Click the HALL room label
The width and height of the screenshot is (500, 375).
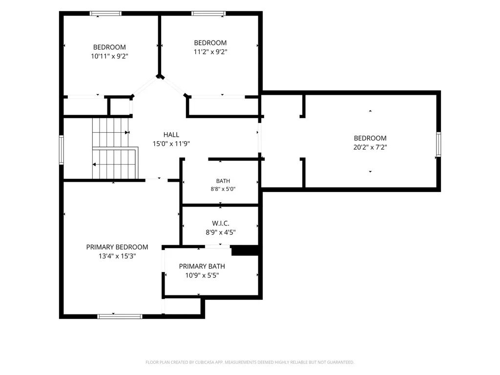click(171, 135)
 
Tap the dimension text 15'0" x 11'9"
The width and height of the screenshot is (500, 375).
click(171, 144)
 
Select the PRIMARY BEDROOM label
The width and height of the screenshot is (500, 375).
click(117, 247)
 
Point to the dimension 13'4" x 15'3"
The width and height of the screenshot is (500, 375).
click(117, 256)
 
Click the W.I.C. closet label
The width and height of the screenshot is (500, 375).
click(221, 224)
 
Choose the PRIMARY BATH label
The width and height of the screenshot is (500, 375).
click(202, 266)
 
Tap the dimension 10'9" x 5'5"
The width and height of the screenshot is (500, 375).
click(202, 275)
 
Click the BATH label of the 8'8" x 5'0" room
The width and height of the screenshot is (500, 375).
click(223, 181)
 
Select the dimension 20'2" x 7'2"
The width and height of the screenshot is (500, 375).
click(370, 147)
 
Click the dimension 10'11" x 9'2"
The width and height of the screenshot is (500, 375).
click(109, 56)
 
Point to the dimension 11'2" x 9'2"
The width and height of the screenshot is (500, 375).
click(210, 52)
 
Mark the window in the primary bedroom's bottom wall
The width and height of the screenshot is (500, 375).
click(120, 316)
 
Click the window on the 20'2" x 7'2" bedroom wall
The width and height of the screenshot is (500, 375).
click(438, 145)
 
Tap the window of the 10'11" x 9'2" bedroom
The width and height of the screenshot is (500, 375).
click(105, 13)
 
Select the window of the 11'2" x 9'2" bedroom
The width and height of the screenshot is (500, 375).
click(208, 13)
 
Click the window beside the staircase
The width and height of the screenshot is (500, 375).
click(61, 150)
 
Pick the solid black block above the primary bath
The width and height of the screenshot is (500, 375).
click(245, 250)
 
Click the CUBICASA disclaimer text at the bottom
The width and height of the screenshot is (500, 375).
click(250, 362)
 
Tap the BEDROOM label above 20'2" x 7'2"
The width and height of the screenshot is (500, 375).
click(370, 138)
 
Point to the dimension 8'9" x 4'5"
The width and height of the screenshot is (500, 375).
click(221, 232)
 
